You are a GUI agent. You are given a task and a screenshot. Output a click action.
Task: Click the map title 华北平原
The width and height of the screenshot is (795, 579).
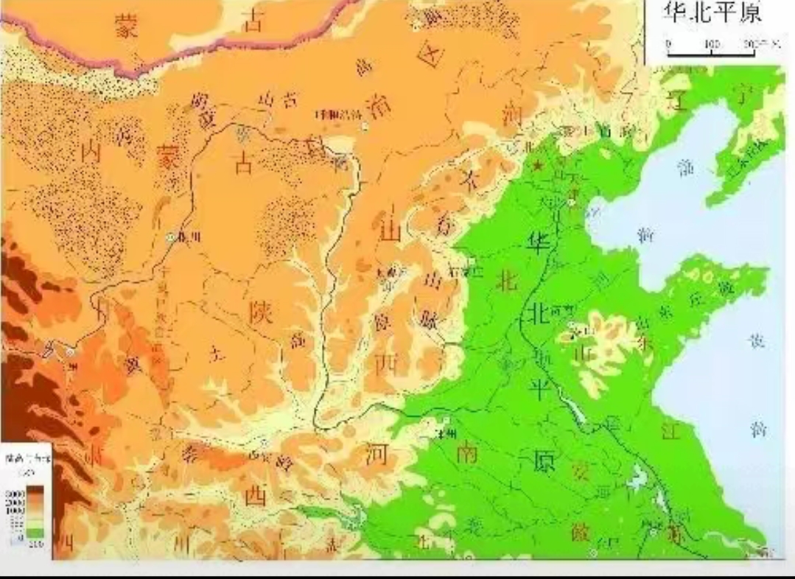click(x=713, y=13)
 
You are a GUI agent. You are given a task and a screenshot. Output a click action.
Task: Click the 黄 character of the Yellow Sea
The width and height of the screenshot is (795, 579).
click(x=757, y=341)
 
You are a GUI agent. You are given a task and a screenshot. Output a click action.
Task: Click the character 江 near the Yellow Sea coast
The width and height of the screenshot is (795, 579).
click(x=669, y=432)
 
